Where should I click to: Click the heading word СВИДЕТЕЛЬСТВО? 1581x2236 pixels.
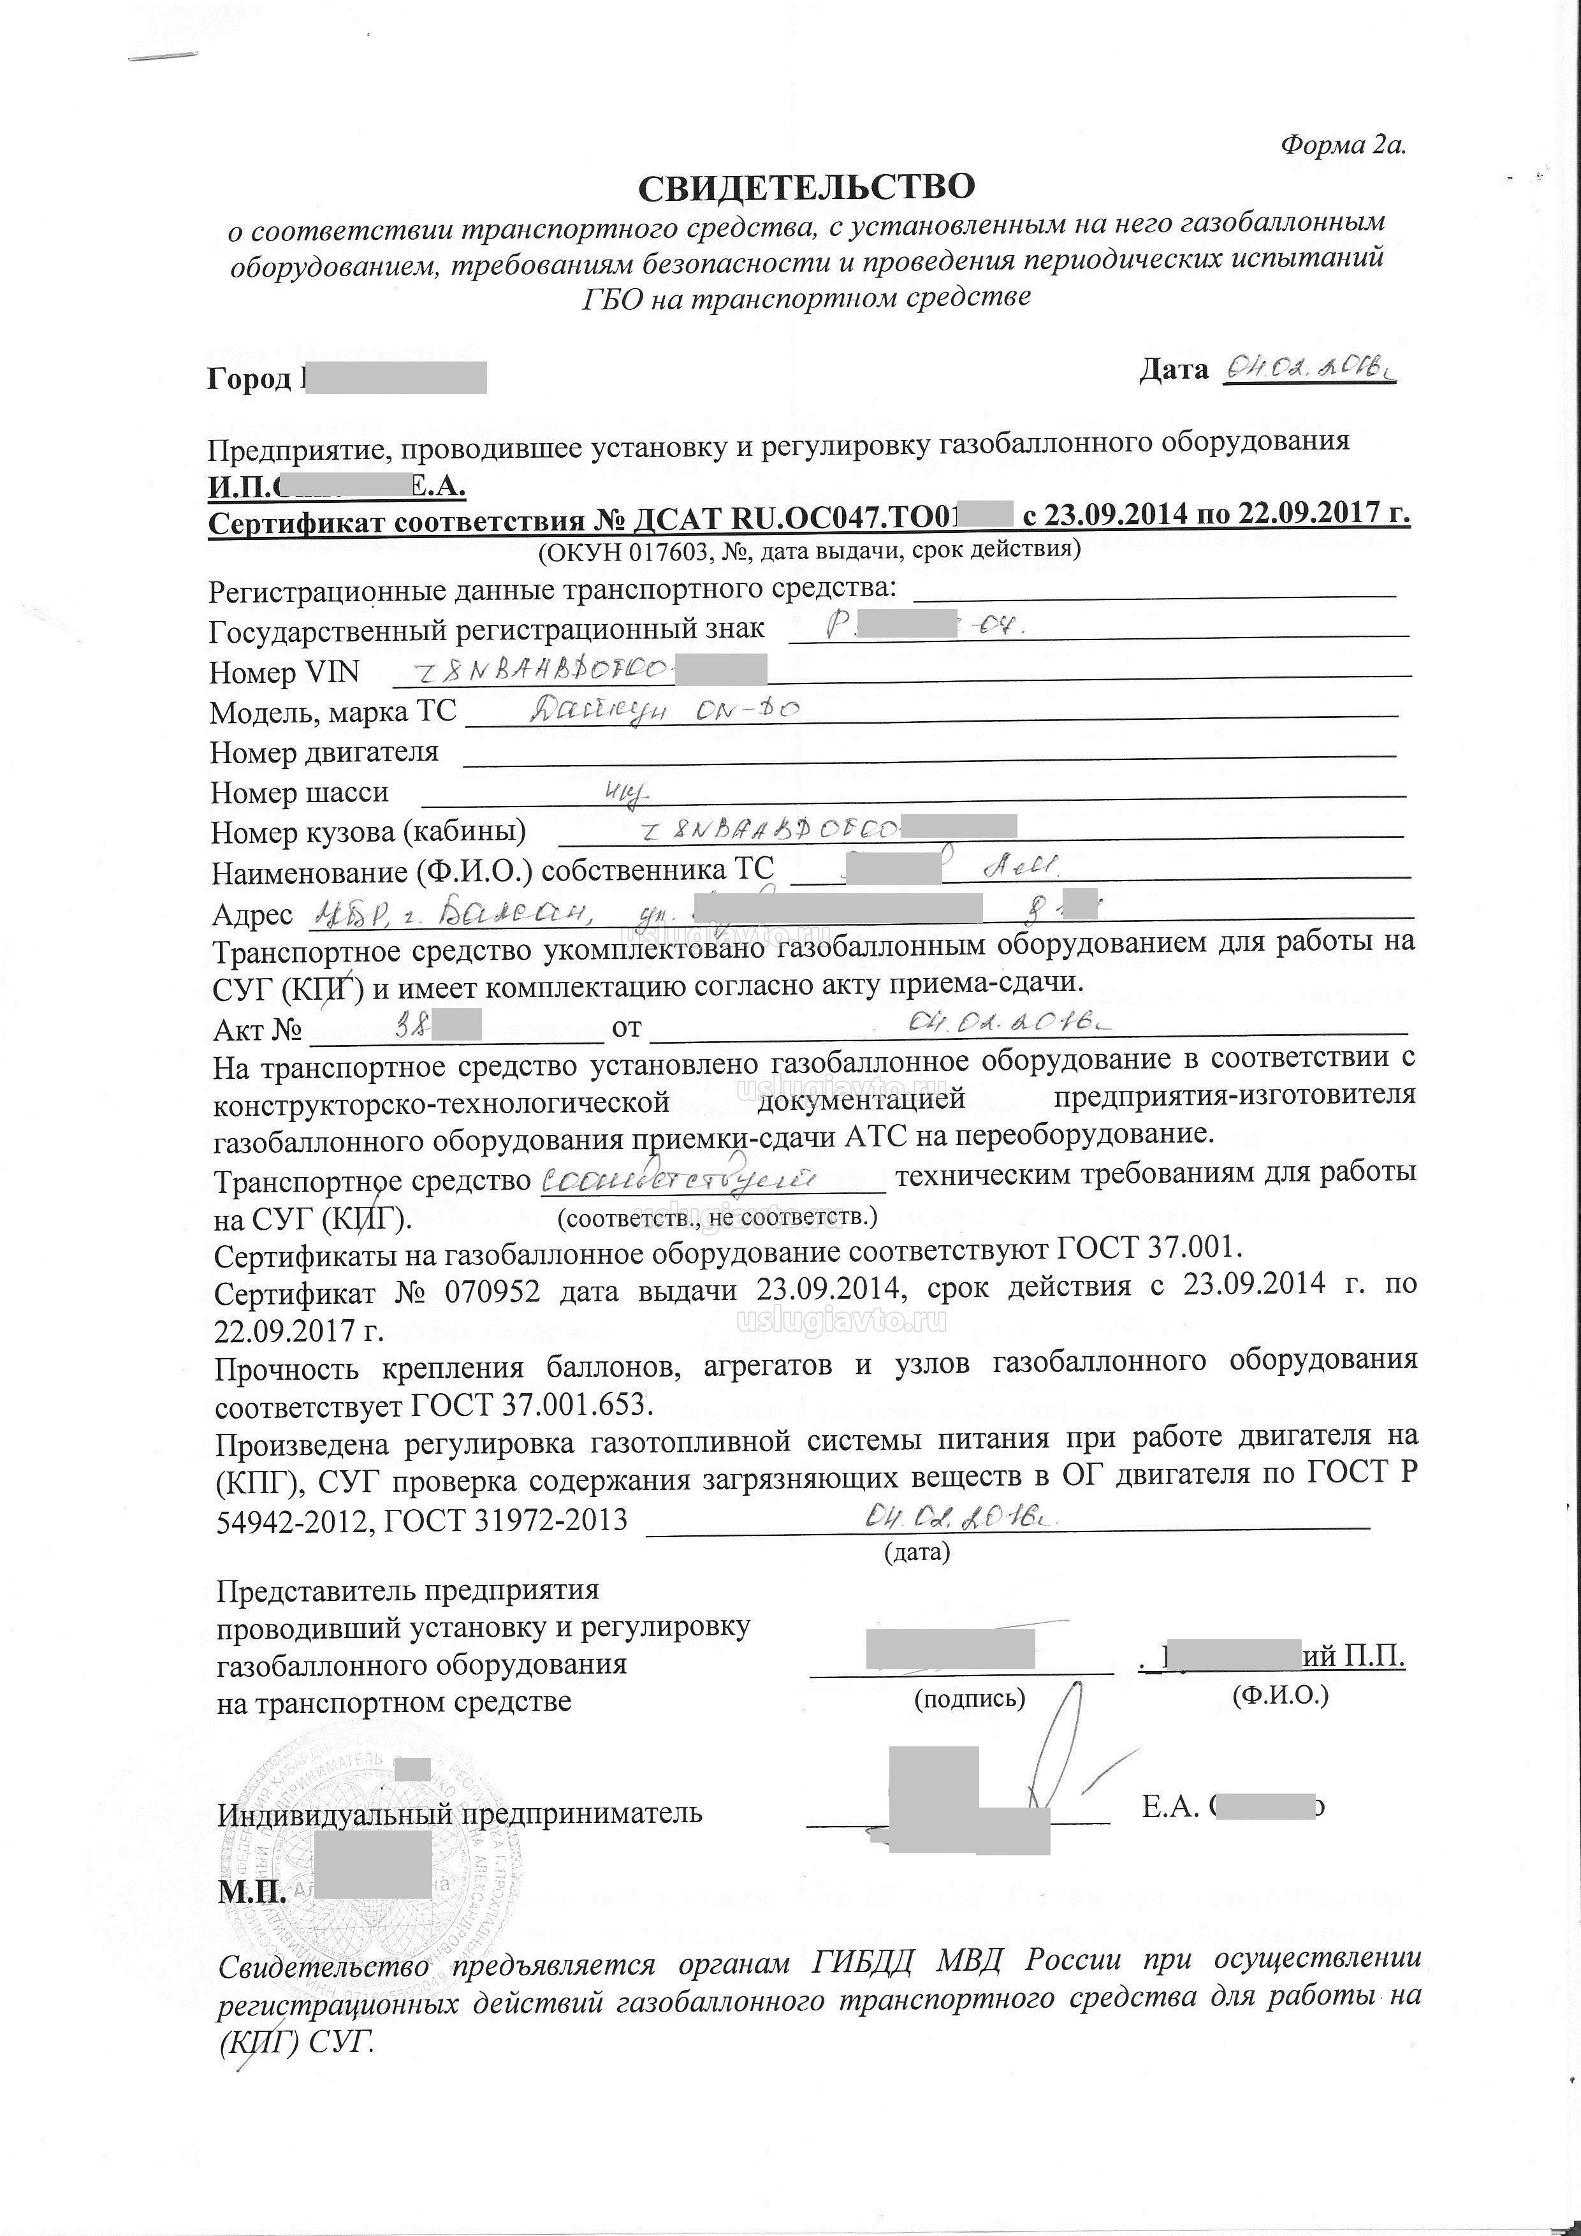point(806,187)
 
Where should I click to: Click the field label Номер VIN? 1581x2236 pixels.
point(284,672)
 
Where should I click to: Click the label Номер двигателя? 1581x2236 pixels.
point(324,752)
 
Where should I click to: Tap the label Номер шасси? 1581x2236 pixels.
point(299,793)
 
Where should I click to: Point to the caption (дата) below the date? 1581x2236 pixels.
point(915,1551)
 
